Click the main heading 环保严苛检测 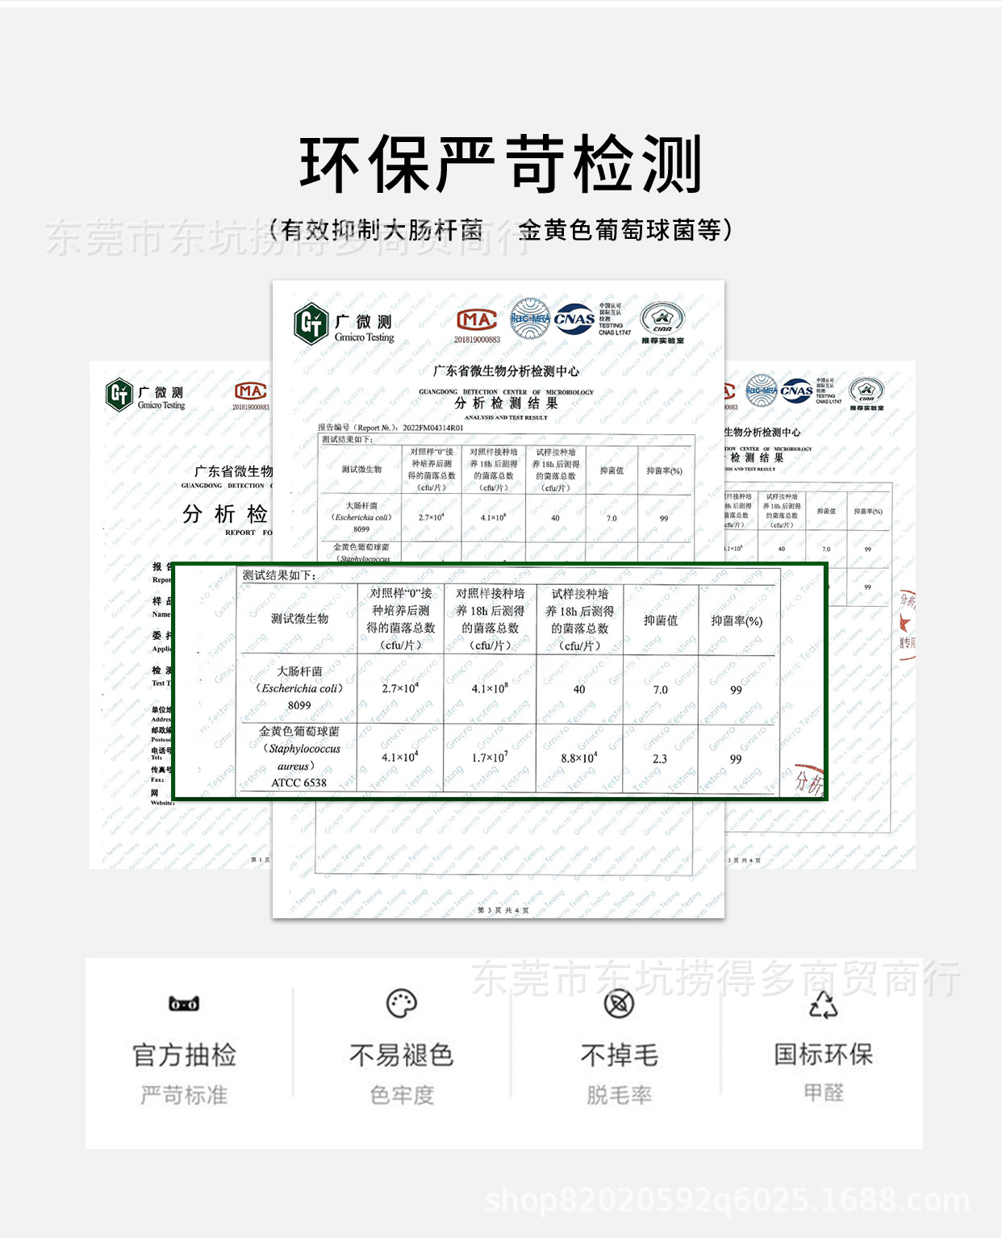click(x=500, y=165)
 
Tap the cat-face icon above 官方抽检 click(x=184, y=1004)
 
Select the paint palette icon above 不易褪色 click(x=402, y=1004)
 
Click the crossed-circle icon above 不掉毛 click(x=619, y=1004)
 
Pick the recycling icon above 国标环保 click(x=823, y=1005)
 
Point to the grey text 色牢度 click(x=402, y=1095)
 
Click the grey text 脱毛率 click(x=619, y=1095)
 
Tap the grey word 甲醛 click(x=823, y=1093)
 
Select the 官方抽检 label click(x=184, y=1055)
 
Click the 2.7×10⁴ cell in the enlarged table click(x=400, y=688)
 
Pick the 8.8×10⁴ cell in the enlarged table click(x=579, y=758)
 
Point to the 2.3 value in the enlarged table click(x=660, y=758)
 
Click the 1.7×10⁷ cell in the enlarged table click(x=490, y=758)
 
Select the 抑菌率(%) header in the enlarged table click(x=736, y=620)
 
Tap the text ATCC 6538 click(x=299, y=783)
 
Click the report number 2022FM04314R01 click(x=432, y=428)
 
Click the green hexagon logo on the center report click(x=311, y=324)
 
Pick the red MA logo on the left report click(x=250, y=391)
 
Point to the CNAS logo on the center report click(x=574, y=319)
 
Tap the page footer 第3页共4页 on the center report click(x=503, y=910)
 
